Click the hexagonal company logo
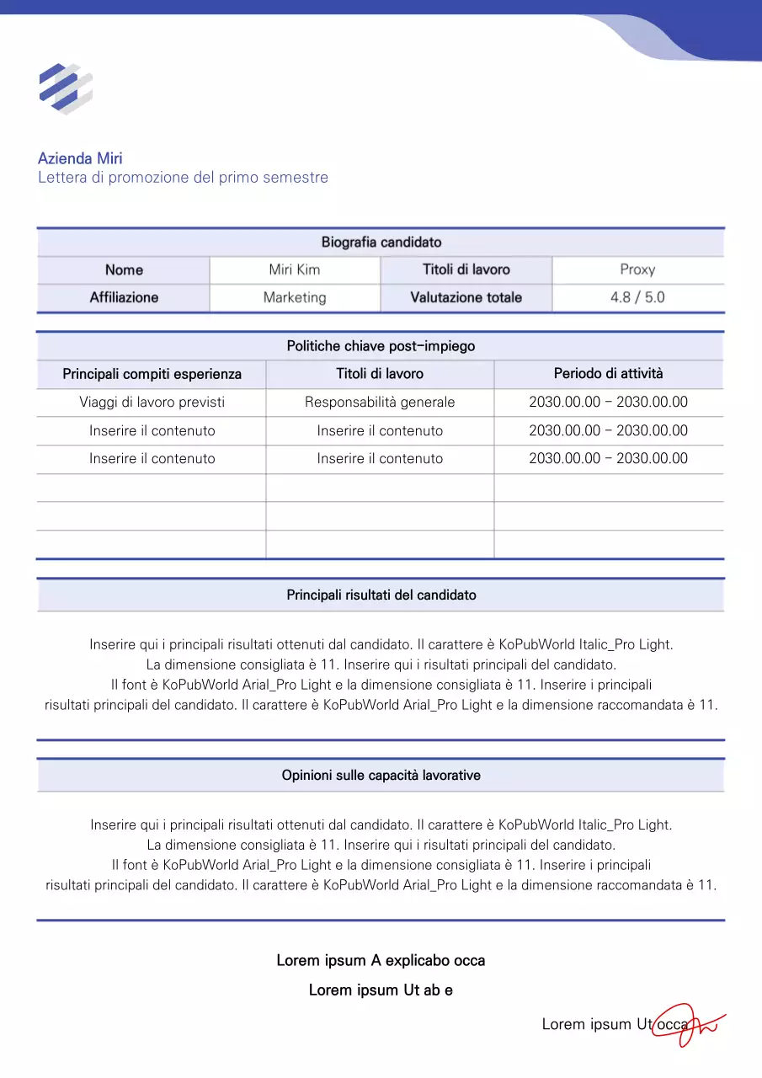point(65,88)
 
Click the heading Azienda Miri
point(80,158)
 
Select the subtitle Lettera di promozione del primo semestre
point(183,178)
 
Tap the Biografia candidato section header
point(381,243)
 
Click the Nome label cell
point(124,270)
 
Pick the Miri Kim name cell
point(295,270)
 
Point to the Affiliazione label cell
point(124,298)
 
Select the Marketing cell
point(295,298)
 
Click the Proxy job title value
point(637,270)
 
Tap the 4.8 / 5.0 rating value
point(637,298)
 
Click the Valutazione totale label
point(466,298)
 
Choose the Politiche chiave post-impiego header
point(381,346)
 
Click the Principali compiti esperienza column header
point(152,374)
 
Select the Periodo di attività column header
point(608,374)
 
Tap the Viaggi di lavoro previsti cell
point(152,403)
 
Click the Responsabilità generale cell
point(380,403)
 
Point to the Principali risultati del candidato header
point(381,595)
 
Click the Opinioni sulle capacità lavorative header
point(381,776)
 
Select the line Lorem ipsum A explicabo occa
point(381,961)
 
